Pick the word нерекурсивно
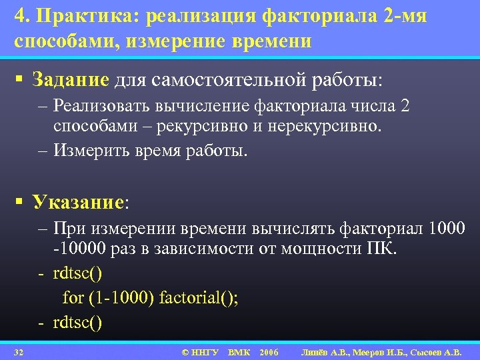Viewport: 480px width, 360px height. pyautogui.click(x=325, y=127)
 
